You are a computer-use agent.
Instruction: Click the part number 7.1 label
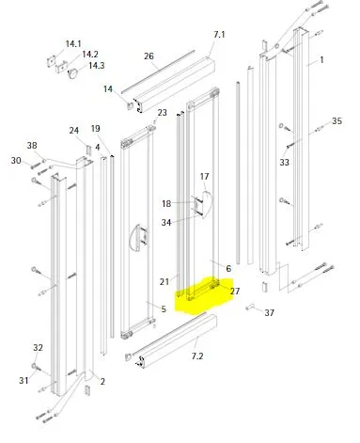pyautogui.click(x=219, y=34)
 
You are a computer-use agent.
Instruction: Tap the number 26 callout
pyautogui.click(x=149, y=56)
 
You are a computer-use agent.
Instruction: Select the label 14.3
pyautogui.click(x=96, y=66)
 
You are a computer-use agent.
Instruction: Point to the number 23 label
pyautogui.click(x=162, y=113)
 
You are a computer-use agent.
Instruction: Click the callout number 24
pyautogui.click(x=74, y=130)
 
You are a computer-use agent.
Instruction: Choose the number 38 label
pyautogui.click(x=32, y=146)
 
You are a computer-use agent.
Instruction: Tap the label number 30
pyautogui.click(x=16, y=161)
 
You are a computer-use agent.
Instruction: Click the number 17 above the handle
pyautogui.click(x=204, y=177)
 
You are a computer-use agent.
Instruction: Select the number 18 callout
pyautogui.click(x=166, y=204)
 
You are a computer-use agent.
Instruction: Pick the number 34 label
pyautogui.click(x=166, y=223)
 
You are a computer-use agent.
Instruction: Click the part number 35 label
pyautogui.click(x=337, y=121)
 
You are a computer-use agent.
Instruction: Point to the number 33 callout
pyautogui.click(x=284, y=163)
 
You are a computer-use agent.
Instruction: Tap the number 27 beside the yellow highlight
pyautogui.click(x=235, y=292)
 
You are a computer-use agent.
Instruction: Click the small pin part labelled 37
pyautogui.click(x=250, y=307)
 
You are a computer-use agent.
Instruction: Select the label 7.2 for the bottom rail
pyautogui.click(x=197, y=356)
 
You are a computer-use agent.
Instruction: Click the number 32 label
pyautogui.click(x=38, y=348)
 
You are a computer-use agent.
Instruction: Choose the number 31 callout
pyautogui.click(x=23, y=381)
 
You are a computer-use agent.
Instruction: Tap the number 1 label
pyautogui.click(x=321, y=59)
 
